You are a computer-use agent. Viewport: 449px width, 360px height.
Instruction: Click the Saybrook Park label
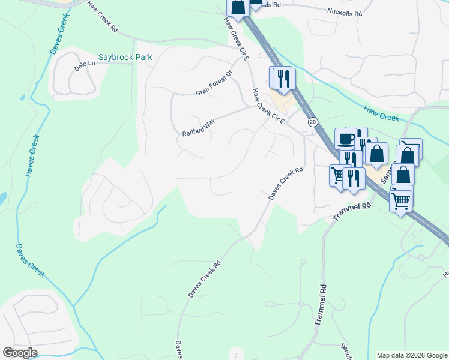coord(125,57)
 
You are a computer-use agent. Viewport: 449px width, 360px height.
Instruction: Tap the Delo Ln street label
coord(85,63)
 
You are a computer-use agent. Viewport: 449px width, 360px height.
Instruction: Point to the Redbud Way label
coord(199,126)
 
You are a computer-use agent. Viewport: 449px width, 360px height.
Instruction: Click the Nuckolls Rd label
coord(345,12)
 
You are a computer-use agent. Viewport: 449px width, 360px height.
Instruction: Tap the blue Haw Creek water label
coord(381,113)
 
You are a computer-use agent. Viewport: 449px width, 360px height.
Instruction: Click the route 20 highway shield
coord(313,122)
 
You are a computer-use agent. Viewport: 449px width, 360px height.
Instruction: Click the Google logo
coord(20,353)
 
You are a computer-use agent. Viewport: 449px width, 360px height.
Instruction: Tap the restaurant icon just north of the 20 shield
coord(283,77)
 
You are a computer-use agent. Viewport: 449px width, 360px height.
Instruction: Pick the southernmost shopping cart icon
coord(400,200)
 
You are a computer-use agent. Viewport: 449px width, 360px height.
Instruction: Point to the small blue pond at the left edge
coord(2,197)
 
